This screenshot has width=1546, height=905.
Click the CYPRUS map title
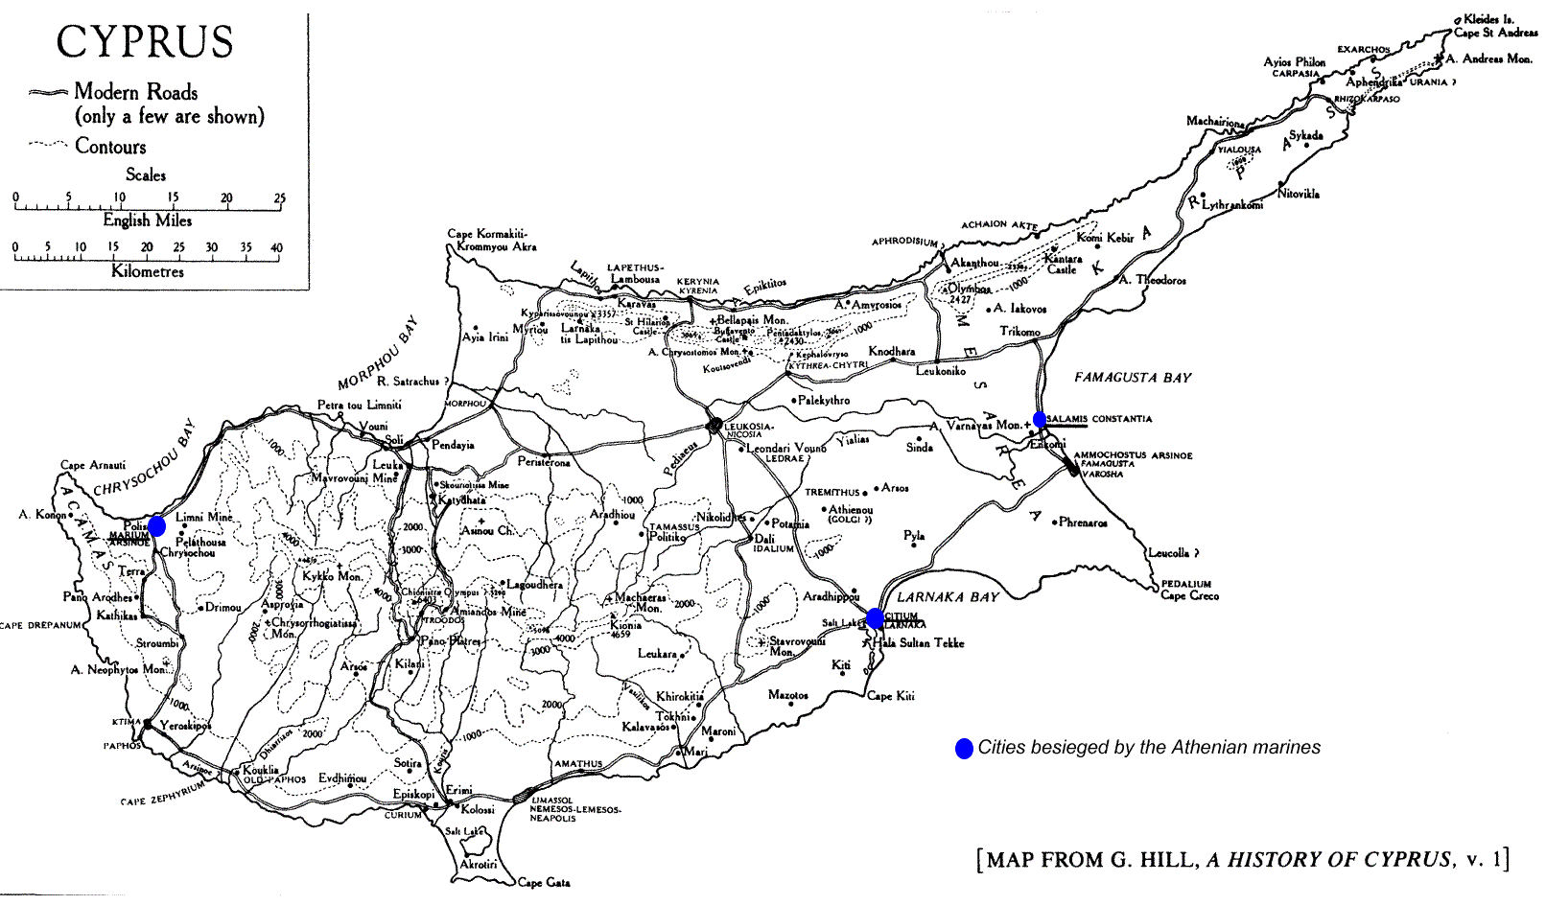[145, 42]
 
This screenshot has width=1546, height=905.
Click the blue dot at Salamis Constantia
[1040, 420]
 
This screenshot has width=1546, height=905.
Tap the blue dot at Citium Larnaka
[875, 618]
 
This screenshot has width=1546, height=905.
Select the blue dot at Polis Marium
[156, 525]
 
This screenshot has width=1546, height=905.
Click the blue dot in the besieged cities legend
[964, 749]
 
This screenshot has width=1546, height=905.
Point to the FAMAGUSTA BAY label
[1133, 378]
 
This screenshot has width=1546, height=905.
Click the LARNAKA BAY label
[948, 597]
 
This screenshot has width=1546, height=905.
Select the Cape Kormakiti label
[487, 234]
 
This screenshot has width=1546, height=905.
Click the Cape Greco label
[1189, 595]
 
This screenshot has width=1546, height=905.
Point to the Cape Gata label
[544, 882]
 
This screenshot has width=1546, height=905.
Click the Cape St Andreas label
[1495, 33]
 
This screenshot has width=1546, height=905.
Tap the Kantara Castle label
[1063, 264]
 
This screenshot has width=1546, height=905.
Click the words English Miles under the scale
[148, 220]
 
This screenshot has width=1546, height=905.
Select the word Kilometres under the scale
[148, 271]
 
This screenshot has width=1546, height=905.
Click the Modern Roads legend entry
[135, 92]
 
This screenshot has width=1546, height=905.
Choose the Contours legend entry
[110, 147]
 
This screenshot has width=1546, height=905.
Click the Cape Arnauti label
[93, 465]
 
